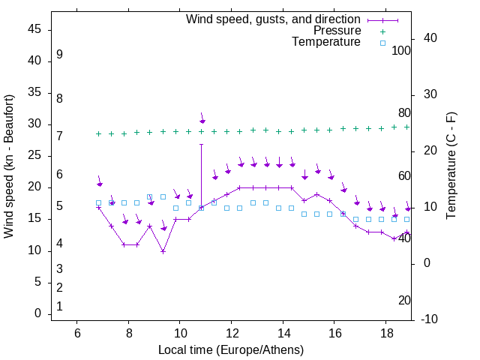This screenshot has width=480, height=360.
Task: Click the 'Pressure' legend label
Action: (337, 31)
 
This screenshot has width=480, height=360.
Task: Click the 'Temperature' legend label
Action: (326, 43)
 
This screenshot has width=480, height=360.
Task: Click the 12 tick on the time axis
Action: (232, 333)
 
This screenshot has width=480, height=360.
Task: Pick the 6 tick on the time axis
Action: (77, 333)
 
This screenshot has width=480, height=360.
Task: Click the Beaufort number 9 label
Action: (59, 55)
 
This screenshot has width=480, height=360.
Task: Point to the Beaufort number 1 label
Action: (59, 306)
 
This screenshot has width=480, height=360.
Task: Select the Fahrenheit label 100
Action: (401, 50)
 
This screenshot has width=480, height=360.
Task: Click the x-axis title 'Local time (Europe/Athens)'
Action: (231, 350)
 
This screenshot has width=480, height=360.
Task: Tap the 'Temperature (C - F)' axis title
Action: (451, 166)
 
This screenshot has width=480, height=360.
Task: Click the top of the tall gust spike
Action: (201, 144)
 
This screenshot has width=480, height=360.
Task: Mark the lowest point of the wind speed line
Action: (163, 251)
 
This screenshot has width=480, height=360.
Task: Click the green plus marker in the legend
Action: (382, 31)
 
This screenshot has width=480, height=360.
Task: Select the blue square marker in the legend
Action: (382, 43)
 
